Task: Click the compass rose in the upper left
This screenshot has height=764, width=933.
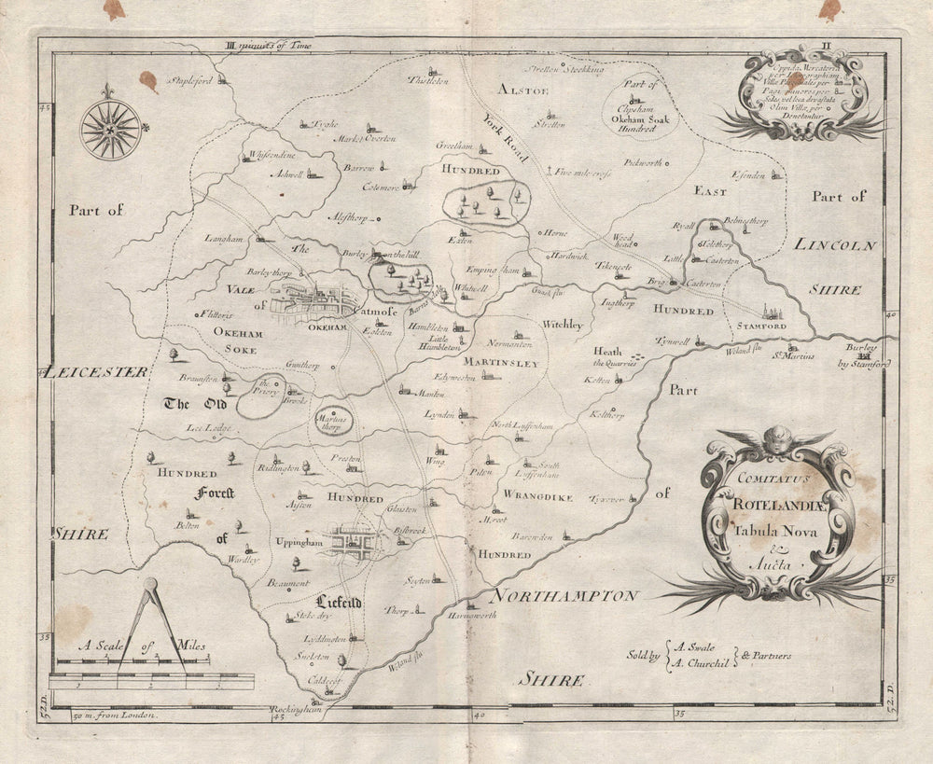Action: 111,129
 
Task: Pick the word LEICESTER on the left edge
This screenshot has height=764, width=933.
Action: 96,372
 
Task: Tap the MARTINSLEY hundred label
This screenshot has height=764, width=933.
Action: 501,363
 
